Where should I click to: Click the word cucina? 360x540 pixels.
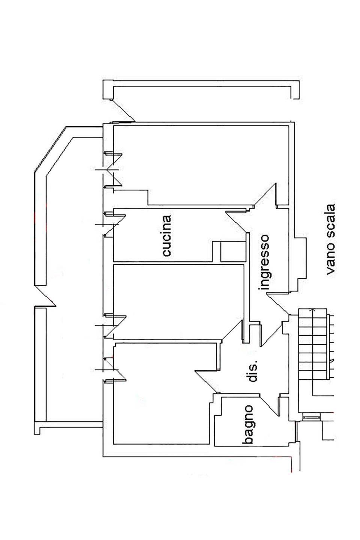point(167,235)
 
